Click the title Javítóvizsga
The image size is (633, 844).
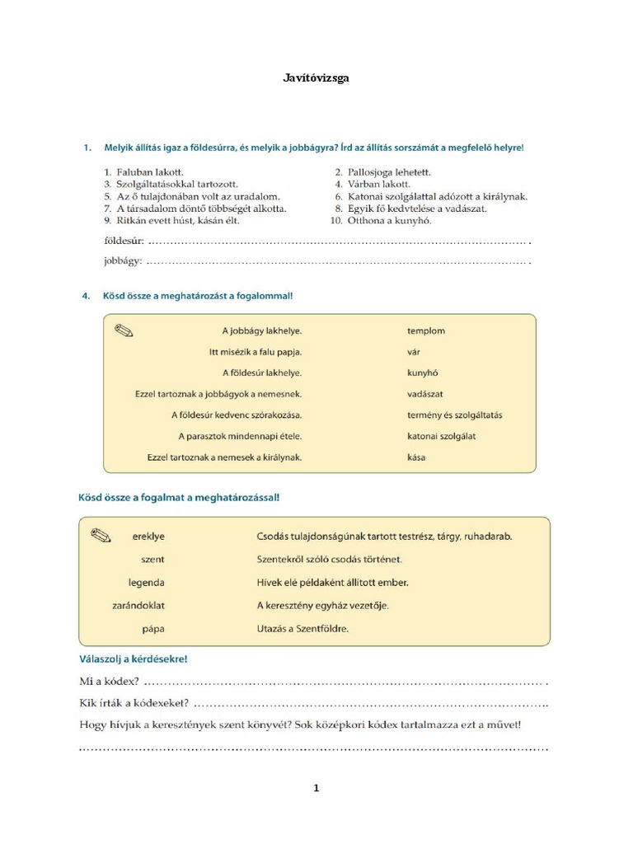point(316,78)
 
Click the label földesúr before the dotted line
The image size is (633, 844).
point(124,242)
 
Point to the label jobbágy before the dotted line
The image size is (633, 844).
point(123,261)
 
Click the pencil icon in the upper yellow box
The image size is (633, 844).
point(124,331)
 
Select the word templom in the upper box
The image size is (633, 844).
point(425,331)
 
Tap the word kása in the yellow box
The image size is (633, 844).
point(416,457)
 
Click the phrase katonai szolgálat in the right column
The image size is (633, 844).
point(441,436)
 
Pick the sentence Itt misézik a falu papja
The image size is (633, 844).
point(256,352)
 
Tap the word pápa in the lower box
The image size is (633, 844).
point(152,628)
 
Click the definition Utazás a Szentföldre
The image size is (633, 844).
point(302,628)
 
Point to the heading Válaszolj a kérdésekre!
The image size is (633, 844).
point(134,659)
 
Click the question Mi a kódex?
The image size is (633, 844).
point(110,682)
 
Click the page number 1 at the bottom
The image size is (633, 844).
point(316,789)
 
